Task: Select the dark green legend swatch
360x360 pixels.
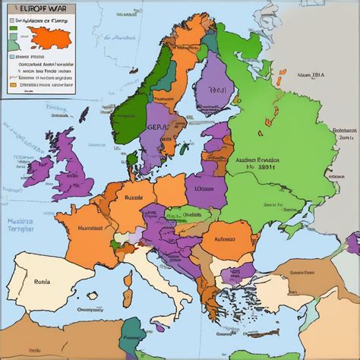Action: point(13,33)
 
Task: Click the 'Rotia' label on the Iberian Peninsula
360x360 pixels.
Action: point(42,280)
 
